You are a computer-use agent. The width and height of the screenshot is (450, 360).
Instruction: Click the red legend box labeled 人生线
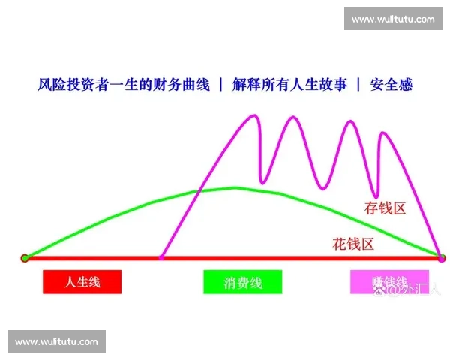coord(82,281)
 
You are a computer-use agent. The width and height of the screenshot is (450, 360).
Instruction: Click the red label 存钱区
coord(385,208)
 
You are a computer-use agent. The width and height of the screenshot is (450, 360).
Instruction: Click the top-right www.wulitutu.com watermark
coord(392,19)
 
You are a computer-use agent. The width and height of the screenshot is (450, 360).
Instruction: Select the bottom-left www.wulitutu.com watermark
coord(57,342)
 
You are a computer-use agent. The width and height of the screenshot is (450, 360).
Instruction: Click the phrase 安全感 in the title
coord(395,85)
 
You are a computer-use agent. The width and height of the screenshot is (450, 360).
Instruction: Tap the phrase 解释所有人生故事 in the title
coord(289,85)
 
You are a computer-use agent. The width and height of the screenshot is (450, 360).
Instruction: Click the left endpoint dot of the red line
coord(25,258)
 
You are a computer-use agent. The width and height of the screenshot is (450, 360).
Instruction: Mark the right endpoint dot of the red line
coord(441,258)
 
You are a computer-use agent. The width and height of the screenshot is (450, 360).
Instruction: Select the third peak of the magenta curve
coord(348,121)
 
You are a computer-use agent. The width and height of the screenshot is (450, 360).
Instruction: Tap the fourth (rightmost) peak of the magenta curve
coord(384,133)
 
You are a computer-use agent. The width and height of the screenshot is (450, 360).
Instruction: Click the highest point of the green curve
coord(234,187)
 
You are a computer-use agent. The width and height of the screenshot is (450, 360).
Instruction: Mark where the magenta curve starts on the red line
coord(161,258)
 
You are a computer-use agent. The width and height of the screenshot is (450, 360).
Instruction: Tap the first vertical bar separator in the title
coord(220,85)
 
